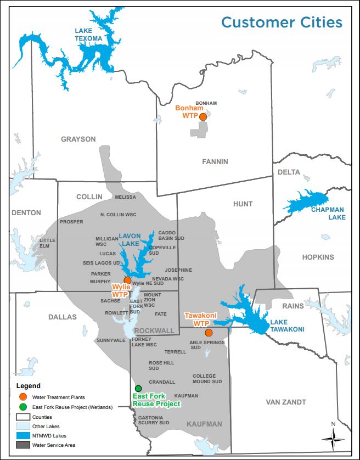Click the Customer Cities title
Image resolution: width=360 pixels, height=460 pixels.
point(282,23)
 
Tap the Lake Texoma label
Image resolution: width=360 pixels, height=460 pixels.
point(89,35)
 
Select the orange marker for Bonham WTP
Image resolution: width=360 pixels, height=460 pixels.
point(203,116)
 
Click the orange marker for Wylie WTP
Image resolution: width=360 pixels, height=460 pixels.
point(127,280)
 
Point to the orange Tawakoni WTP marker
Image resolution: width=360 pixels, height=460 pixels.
point(209,333)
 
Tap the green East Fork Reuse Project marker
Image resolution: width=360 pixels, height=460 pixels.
point(138,388)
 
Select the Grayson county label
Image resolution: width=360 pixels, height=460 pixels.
point(78,139)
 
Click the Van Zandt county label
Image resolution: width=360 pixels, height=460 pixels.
point(285,402)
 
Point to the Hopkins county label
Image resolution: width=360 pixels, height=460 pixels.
point(318,257)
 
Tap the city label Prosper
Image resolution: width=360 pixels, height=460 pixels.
point(72,222)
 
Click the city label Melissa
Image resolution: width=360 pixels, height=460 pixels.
point(125,197)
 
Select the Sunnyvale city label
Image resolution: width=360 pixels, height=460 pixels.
point(111,340)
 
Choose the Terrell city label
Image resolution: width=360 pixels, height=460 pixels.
point(175,352)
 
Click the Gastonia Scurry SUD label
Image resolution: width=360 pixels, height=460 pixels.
point(154,420)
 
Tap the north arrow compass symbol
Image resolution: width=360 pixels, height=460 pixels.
point(333,436)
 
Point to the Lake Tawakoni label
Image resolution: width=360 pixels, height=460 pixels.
point(286,326)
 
